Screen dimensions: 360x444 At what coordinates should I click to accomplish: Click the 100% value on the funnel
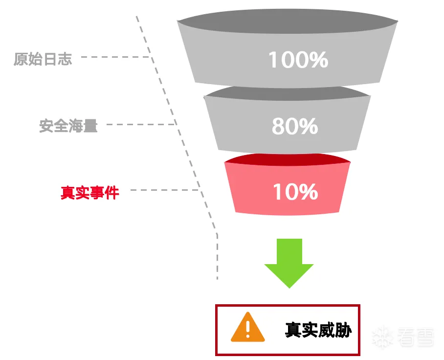pos(298,60)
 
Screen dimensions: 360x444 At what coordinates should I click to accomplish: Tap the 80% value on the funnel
pos(295,126)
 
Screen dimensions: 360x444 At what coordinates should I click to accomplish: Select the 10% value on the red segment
pos(295,192)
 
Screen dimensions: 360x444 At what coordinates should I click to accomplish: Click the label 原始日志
pos(43,60)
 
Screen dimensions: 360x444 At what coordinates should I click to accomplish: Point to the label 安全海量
pos(68,126)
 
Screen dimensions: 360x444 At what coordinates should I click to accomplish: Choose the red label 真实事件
pos(90,192)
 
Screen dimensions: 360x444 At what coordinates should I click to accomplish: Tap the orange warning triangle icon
pos(248,327)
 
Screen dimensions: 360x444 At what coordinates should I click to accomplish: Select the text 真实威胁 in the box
pos(318,330)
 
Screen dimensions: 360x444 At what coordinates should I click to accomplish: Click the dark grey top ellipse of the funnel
pos(288,23)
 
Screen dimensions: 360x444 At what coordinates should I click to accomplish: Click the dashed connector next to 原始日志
pos(115,57)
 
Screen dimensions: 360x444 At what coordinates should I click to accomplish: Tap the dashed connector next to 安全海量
pos(140,124)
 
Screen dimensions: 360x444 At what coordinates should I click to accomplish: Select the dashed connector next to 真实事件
pos(164,190)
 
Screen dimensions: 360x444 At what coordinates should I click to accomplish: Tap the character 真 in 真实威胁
pos(293,330)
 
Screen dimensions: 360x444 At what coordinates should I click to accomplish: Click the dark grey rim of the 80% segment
pos(288,91)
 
